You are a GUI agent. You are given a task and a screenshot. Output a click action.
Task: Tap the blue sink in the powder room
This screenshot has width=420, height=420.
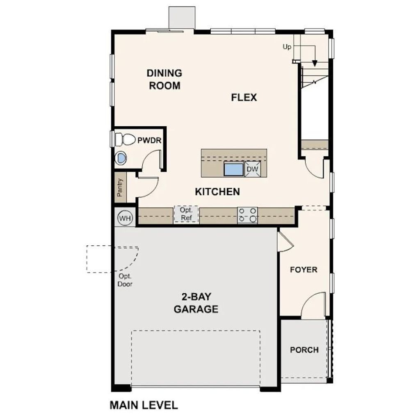point(122,158)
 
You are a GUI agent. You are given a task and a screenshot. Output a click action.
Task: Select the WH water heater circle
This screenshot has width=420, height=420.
point(125,217)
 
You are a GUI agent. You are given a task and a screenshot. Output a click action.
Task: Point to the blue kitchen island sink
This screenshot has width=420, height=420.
point(233,169)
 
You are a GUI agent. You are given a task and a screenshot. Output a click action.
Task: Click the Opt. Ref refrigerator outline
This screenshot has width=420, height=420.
point(186,215)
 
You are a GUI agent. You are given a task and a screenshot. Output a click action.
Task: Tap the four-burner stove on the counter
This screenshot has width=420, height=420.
point(248,215)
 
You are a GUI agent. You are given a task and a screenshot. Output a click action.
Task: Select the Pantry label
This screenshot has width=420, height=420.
point(120,188)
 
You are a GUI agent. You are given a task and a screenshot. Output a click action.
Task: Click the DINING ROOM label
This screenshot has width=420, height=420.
point(164,79)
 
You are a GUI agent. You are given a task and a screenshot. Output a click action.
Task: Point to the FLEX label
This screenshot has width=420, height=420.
point(244,98)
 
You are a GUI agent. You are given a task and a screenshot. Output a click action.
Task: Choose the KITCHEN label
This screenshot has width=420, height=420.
point(217,192)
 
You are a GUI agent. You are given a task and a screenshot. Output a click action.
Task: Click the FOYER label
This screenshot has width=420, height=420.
point(304,269)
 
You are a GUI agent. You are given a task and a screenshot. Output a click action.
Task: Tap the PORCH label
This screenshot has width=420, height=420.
point(304,350)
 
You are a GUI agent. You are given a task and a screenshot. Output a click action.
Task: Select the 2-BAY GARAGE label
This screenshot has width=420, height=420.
point(196,303)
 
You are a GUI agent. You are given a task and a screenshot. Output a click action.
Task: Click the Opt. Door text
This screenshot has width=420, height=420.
point(125,280)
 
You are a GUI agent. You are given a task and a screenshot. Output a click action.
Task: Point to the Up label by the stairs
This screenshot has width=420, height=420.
point(287,47)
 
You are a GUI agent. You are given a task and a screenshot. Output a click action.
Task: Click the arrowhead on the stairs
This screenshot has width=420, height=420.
point(315,63)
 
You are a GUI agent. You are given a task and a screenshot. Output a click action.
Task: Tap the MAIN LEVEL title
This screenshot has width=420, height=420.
point(144,405)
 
